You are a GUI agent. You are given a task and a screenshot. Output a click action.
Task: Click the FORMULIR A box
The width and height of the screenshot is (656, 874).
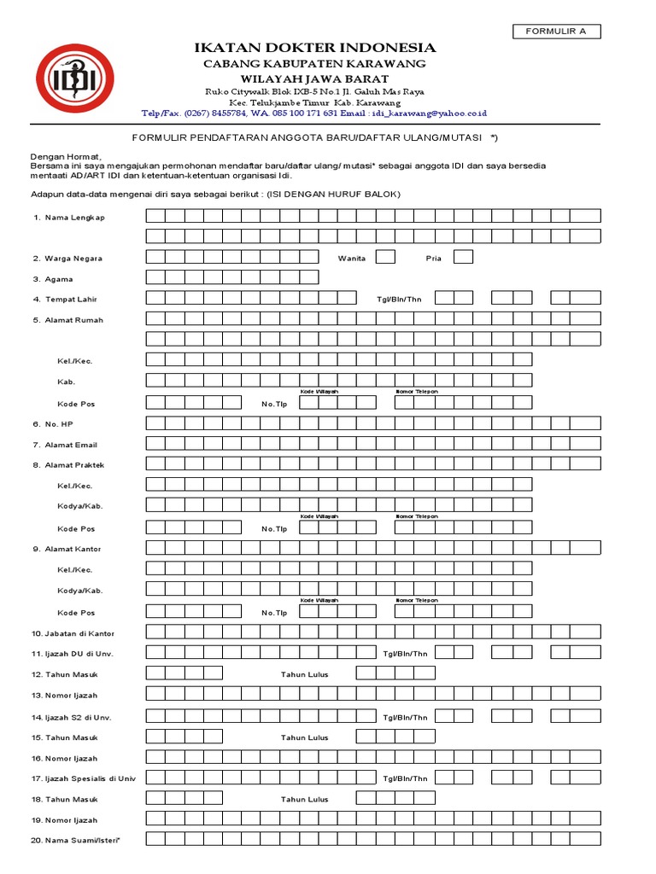556,32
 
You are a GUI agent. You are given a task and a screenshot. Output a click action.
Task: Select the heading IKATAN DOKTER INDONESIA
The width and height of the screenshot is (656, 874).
314,48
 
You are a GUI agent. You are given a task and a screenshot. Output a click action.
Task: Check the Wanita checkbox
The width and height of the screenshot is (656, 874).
385,257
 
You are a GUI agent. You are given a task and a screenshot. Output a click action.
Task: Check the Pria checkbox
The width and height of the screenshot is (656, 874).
463,257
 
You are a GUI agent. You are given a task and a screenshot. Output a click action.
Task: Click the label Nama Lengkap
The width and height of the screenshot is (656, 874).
74,218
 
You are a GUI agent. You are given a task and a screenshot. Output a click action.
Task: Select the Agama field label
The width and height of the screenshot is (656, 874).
58,278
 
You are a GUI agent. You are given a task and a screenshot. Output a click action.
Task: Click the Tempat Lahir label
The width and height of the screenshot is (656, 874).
73,299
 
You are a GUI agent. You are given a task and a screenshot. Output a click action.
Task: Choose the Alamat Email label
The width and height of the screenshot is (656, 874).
71,445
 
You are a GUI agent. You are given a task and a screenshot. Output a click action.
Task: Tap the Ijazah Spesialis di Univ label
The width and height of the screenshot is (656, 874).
88,778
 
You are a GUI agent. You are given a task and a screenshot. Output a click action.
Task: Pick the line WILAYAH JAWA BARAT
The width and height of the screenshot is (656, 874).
313,79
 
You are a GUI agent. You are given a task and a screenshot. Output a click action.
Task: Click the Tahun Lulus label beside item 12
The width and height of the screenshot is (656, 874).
304,674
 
